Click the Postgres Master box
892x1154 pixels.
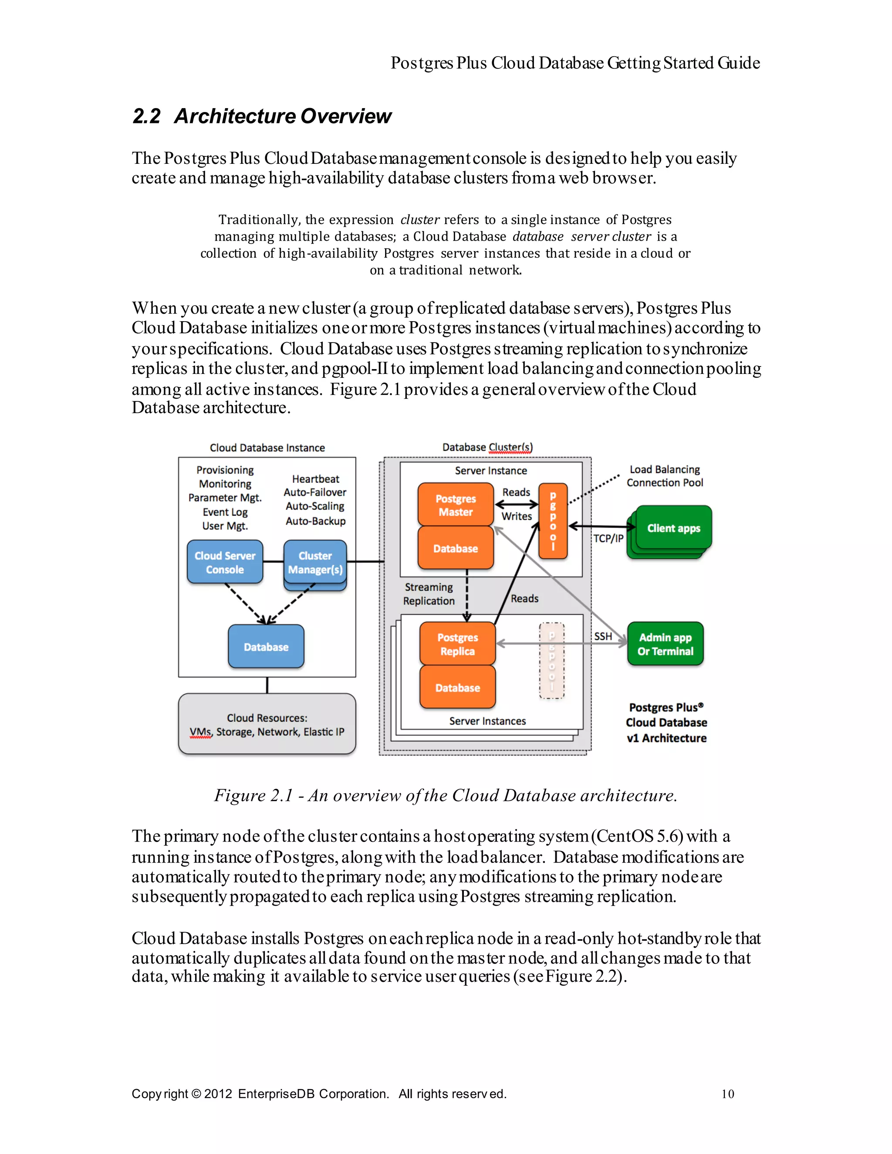455,505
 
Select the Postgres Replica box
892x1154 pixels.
457,644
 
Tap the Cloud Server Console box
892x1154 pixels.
225,562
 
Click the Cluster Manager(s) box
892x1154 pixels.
315,562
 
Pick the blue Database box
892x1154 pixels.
266,647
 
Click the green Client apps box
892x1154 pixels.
673,528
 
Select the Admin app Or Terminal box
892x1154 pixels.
665,644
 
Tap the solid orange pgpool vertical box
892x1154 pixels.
552,521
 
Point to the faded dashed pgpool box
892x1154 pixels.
552,661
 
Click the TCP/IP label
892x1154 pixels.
608,538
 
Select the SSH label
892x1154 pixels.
603,636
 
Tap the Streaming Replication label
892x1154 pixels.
429,594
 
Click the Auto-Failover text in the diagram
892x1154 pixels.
315,492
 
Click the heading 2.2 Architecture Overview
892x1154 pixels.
262,116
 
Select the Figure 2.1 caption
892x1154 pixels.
446,795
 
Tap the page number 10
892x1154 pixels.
727,1094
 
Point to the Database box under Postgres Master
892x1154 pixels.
455,549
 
